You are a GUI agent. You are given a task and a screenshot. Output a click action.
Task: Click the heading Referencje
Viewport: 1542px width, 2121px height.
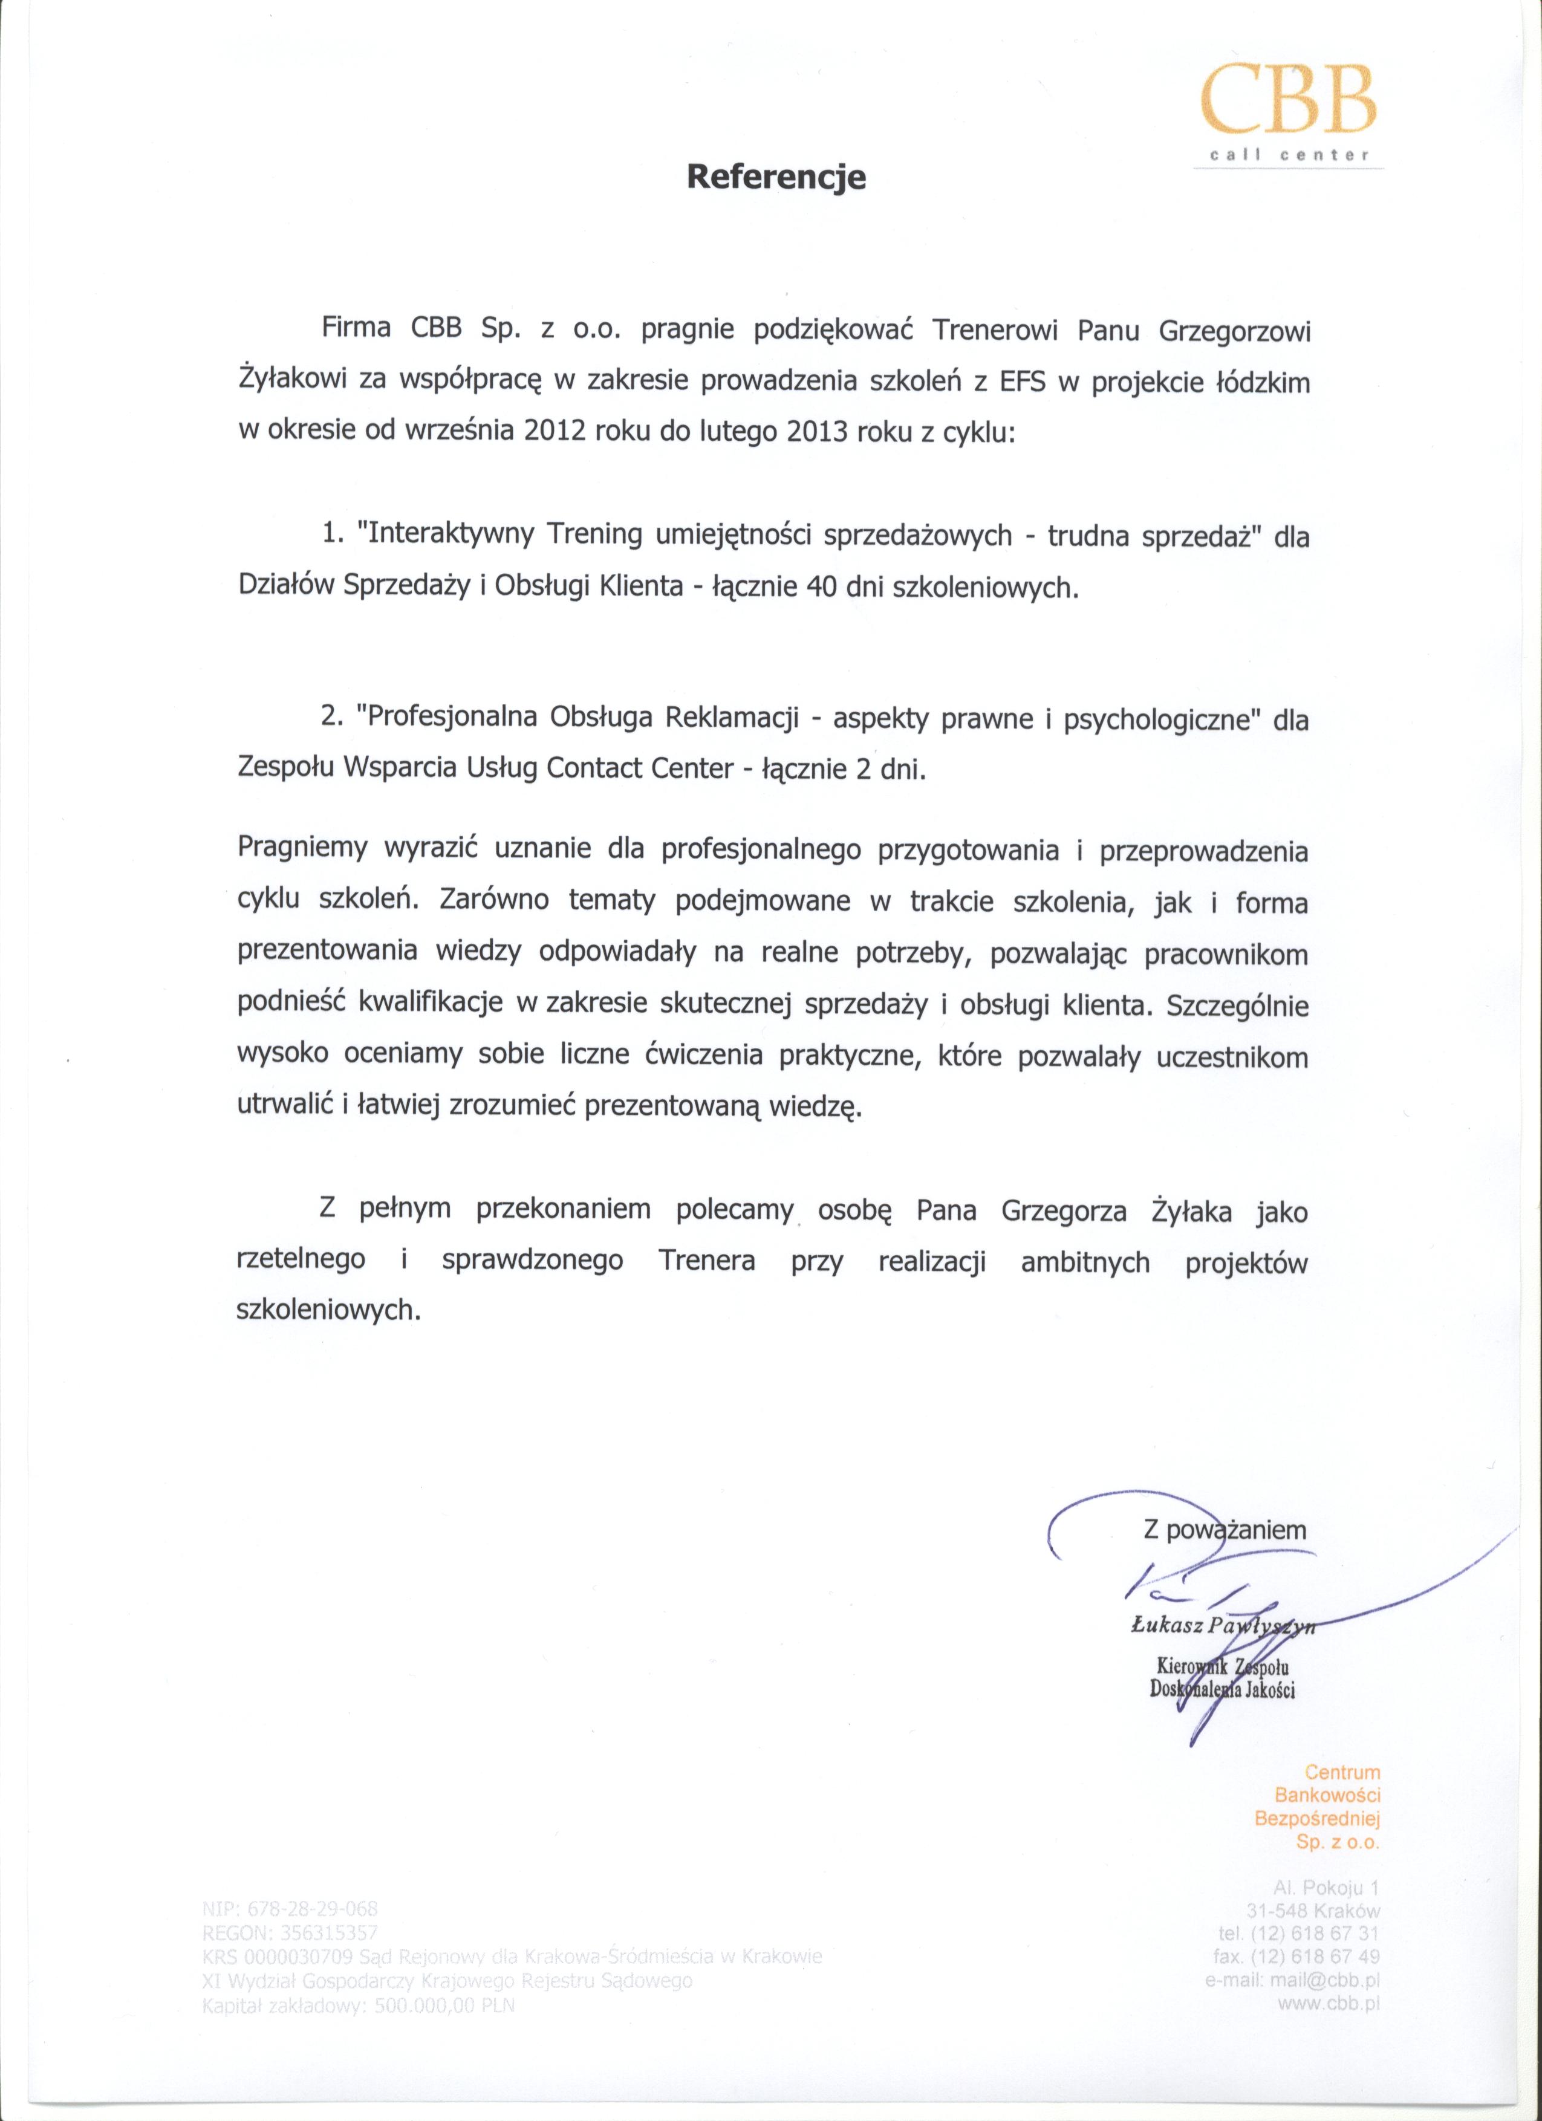tap(776, 177)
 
